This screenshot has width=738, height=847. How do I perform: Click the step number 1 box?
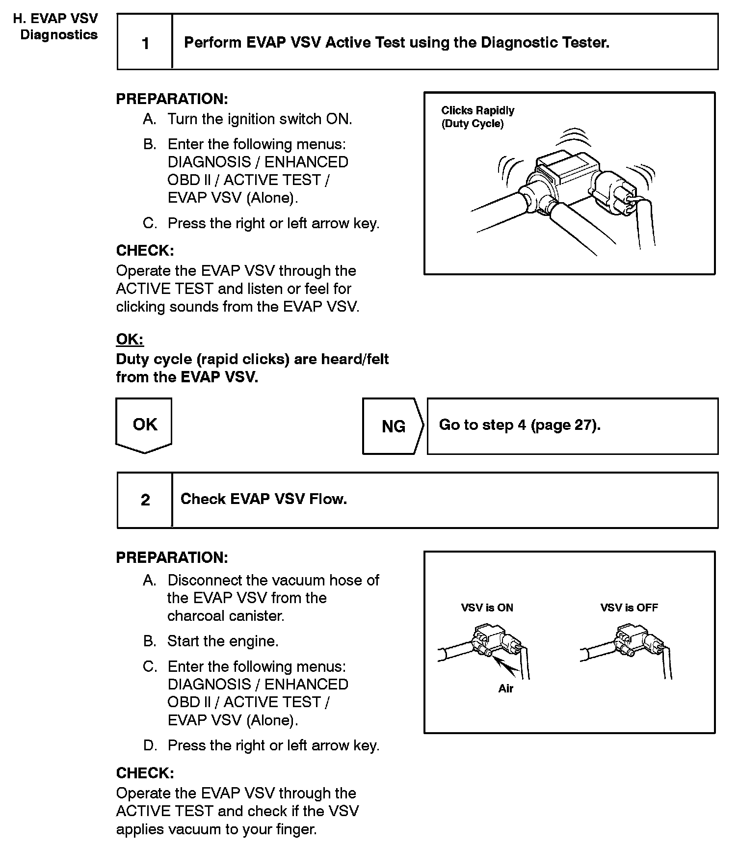point(145,43)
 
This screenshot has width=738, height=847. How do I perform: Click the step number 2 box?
point(145,500)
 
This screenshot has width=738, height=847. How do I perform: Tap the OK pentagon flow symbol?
point(144,424)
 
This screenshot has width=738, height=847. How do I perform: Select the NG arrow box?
point(393,426)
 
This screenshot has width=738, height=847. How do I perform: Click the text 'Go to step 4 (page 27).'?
point(520,425)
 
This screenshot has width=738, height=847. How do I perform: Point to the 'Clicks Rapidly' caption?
point(477,111)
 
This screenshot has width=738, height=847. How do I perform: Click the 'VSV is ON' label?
point(487,608)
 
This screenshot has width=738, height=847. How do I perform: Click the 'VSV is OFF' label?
point(629,608)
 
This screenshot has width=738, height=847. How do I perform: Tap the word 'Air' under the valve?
point(505,688)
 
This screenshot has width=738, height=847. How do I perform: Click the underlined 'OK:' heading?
point(130,339)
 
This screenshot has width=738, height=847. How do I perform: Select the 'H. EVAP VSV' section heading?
point(55,19)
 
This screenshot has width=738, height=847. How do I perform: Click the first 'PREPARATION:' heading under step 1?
point(172,99)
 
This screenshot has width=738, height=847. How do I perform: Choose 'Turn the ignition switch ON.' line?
point(260,119)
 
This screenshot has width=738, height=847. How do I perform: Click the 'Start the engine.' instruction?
point(223,641)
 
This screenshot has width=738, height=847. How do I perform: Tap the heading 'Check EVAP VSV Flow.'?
point(264,499)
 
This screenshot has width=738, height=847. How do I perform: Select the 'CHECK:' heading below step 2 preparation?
point(145,773)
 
